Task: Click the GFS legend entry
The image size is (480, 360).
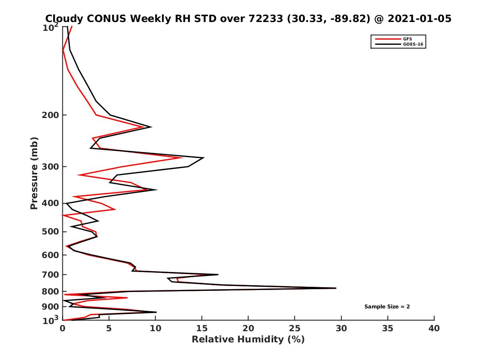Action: tap(408, 39)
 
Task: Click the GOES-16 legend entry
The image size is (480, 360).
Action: tap(412, 44)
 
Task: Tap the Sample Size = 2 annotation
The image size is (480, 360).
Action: tap(387, 307)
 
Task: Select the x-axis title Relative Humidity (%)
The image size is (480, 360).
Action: tap(248, 340)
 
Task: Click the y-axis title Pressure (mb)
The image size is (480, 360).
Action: tap(34, 173)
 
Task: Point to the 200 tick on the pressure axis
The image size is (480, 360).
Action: tap(51, 115)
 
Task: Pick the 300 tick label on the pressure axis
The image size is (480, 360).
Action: tap(51, 167)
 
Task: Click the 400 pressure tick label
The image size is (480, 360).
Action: tap(51, 203)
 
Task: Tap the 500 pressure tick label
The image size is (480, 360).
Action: tap(51, 232)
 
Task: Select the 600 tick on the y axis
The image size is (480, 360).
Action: tap(51, 255)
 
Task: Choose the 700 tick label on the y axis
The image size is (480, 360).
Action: tap(51, 274)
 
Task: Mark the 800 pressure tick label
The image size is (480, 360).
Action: tap(51, 292)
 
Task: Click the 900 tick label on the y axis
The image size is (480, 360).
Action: tap(51, 307)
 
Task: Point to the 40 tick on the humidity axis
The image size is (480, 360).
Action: tap(434, 328)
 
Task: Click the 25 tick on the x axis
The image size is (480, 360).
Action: tap(295, 328)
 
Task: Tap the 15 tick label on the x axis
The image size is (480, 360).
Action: tap(202, 328)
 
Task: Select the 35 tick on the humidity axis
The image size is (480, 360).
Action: tap(388, 328)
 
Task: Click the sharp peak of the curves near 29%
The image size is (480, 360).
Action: tap(335, 288)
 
